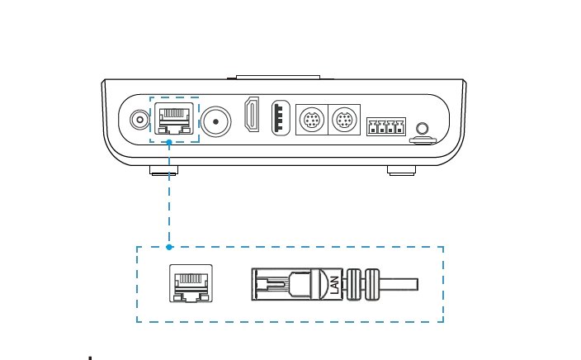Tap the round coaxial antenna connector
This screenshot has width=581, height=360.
(216, 122)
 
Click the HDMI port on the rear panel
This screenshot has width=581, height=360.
(252, 116)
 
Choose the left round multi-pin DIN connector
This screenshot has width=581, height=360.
(310, 121)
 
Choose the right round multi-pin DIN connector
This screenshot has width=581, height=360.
(344, 121)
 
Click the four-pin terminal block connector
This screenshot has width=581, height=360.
(385, 127)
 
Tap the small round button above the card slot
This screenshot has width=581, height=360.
(423, 128)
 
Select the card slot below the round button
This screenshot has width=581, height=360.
(423, 140)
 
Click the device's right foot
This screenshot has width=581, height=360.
(400, 171)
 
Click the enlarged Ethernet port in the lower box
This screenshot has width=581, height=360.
(191, 283)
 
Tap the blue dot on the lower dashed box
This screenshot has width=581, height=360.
(169, 246)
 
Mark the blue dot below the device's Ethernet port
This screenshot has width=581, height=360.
(169, 142)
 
